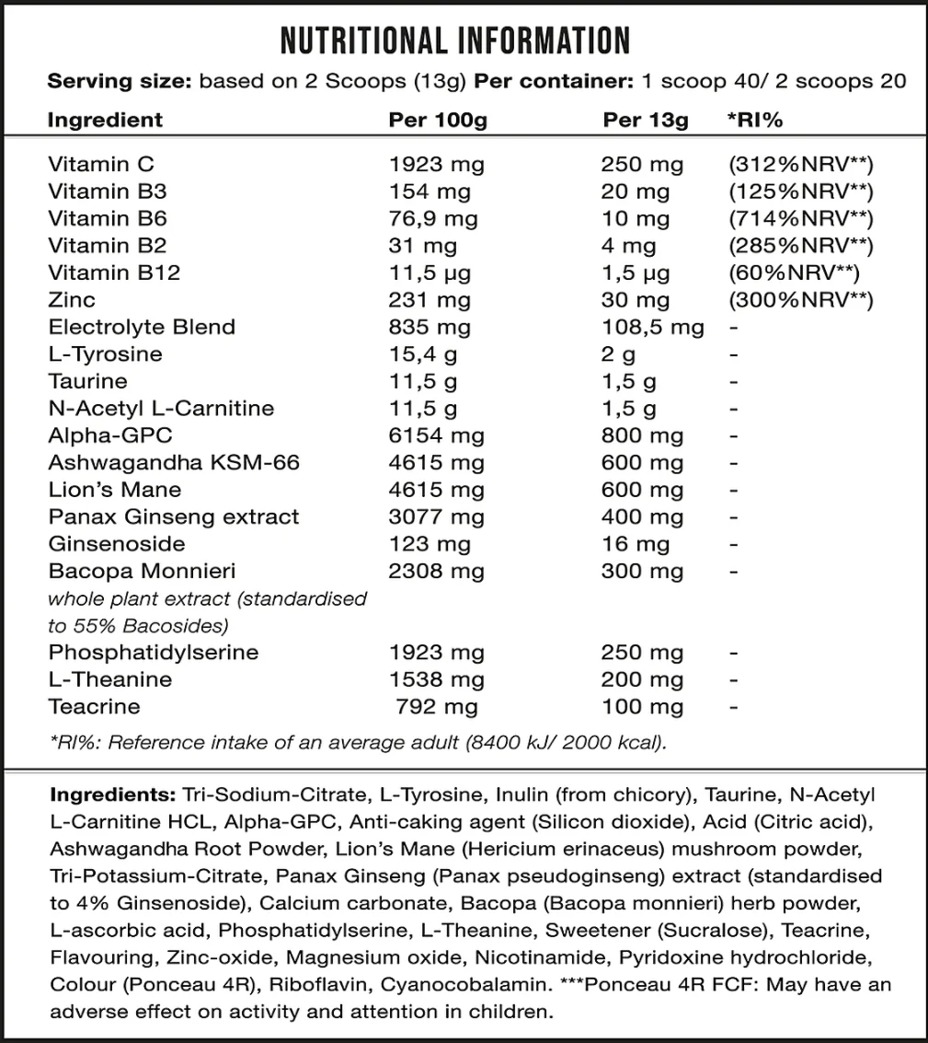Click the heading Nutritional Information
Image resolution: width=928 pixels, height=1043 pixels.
[x=455, y=41]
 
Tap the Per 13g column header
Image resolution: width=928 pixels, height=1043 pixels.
[x=645, y=121]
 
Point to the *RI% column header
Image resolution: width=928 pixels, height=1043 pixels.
[x=755, y=121]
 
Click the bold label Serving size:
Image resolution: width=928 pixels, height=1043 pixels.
[x=119, y=82]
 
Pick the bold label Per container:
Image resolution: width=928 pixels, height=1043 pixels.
[x=549, y=82]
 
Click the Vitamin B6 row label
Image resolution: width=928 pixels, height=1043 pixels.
[x=107, y=219]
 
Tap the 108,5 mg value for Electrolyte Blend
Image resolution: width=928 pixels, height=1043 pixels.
[x=652, y=328]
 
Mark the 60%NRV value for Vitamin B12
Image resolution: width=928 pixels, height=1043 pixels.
[x=792, y=273]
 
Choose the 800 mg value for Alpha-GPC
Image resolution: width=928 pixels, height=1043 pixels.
[x=642, y=436]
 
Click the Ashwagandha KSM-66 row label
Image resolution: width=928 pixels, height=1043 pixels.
[x=173, y=463]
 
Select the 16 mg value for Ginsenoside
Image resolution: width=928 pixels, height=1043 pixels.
[x=635, y=545]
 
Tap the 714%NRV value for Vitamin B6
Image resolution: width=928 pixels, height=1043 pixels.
[x=799, y=219]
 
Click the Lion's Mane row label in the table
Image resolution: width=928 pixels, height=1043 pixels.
[x=114, y=491]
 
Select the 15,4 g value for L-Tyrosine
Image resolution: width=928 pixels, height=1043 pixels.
[x=423, y=354]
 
